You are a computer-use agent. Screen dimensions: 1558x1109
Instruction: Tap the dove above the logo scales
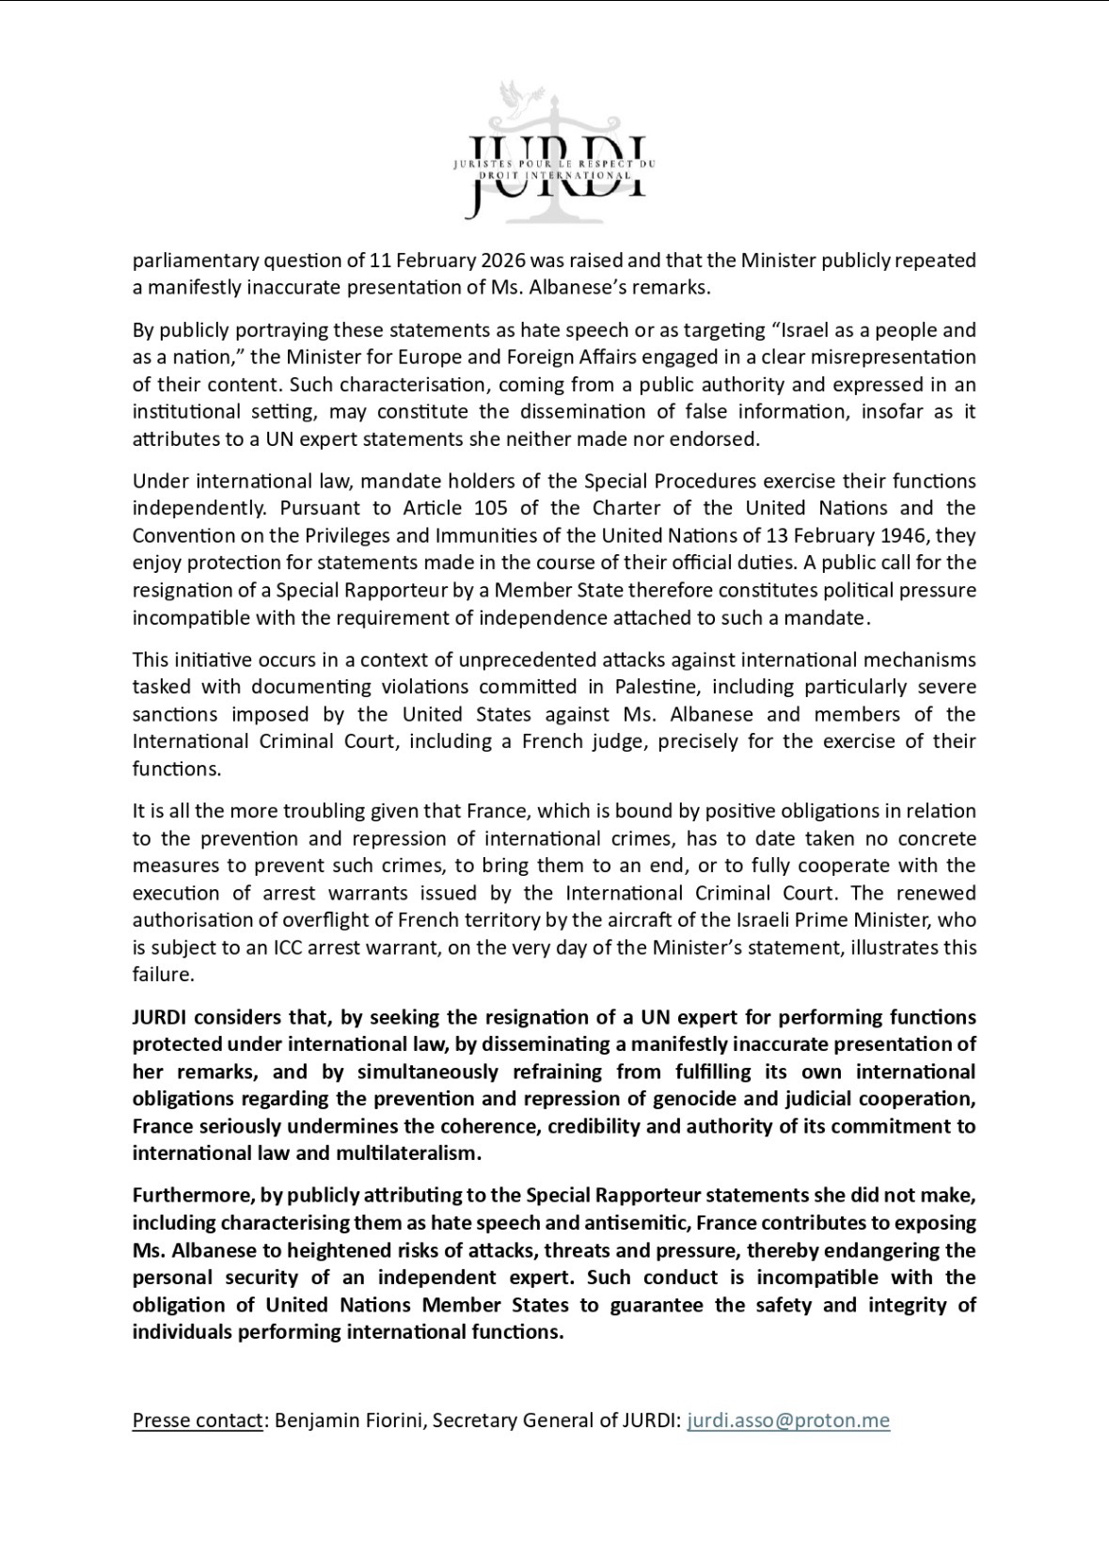click(514, 97)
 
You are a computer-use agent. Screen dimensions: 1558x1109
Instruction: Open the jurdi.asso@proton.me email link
click(788, 1420)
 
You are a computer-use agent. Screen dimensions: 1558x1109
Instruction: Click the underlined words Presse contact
click(198, 1420)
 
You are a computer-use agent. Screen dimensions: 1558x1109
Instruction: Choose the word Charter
click(627, 508)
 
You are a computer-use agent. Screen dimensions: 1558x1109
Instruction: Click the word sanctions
click(174, 714)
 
